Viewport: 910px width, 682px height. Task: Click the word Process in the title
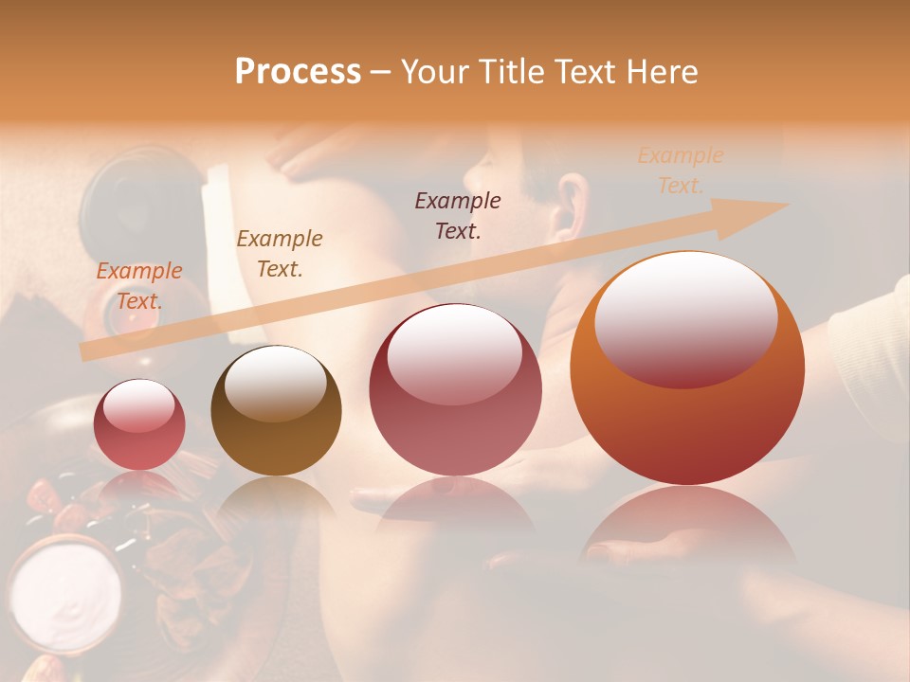pyautogui.click(x=298, y=71)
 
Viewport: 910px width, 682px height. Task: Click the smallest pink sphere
pyautogui.click(x=139, y=424)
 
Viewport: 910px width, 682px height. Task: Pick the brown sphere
pyautogui.click(x=276, y=410)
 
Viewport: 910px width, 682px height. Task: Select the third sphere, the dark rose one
pyautogui.click(x=455, y=389)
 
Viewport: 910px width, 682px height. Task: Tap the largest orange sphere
pyautogui.click(x=687, y=369)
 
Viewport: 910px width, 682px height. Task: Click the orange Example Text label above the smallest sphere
pyautogui.click(x=138, y=286)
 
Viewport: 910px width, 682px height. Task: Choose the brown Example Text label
pyautogui.click(x=279, y=254)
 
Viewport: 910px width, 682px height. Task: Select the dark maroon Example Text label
pyautogui.click(x=458, y=215)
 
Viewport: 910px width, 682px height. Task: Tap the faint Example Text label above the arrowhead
pyautogui.click(x=680, y=170)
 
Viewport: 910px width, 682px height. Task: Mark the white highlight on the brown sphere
pyautogui.click(x=275, y=381)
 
